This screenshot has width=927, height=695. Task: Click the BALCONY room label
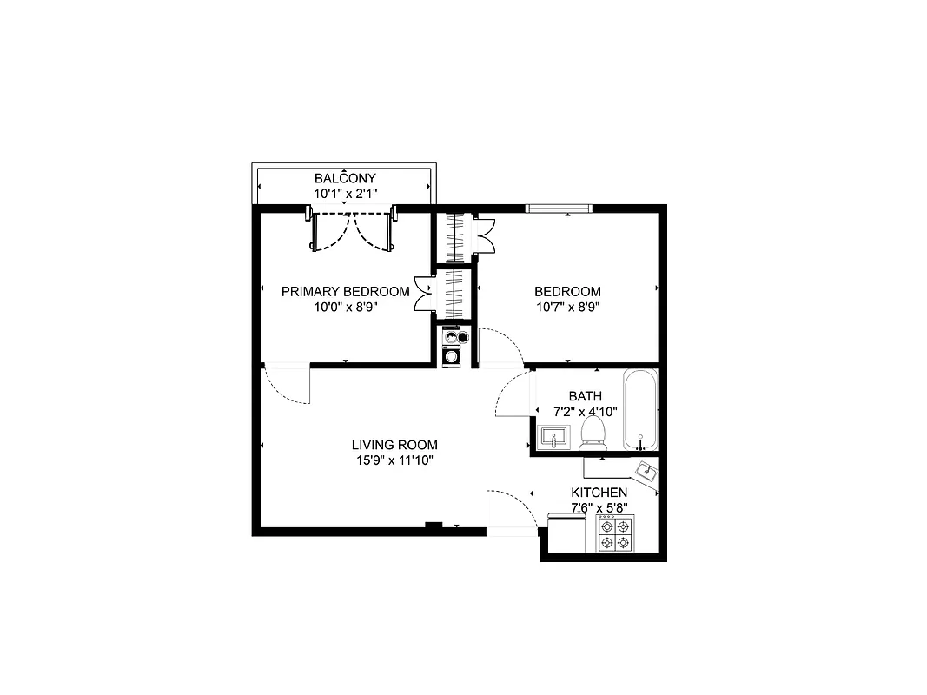345,178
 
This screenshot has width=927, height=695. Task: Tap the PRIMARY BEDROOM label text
345,291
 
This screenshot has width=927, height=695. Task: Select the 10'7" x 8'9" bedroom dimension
567,307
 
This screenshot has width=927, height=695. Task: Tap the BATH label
585,396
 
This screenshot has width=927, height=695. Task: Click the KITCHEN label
599,493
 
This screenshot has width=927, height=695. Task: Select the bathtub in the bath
640,410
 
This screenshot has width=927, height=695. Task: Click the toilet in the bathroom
593,432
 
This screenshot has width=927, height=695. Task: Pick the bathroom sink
553,436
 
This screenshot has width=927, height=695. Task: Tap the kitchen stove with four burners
615,533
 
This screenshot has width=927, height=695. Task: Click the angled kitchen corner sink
646,472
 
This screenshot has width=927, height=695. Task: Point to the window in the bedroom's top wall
559,208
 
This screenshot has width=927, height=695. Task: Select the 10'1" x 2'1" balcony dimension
345,194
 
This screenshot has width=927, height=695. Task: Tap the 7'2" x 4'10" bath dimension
585,411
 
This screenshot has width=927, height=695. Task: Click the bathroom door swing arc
511,395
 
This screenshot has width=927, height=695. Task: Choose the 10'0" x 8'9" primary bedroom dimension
345,307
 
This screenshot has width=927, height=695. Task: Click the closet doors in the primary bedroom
423,294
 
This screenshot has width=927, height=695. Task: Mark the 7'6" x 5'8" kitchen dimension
599,507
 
